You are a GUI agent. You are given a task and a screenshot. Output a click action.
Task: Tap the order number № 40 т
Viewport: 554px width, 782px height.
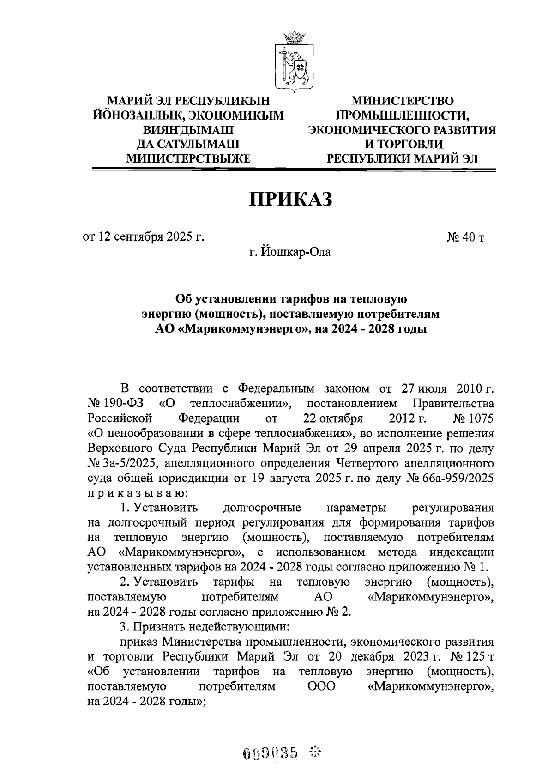(x=465, y=237)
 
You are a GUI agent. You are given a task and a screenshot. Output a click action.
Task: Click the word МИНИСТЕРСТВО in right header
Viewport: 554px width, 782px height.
(x=403, y=101)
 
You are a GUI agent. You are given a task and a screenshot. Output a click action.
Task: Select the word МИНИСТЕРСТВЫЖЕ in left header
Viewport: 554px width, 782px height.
(x=188, y=159)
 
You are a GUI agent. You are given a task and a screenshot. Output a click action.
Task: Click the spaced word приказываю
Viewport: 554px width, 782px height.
(x=137, y=493)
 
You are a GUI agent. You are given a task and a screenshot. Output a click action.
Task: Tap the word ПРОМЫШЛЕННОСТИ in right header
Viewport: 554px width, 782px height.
(x=403, y=115)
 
